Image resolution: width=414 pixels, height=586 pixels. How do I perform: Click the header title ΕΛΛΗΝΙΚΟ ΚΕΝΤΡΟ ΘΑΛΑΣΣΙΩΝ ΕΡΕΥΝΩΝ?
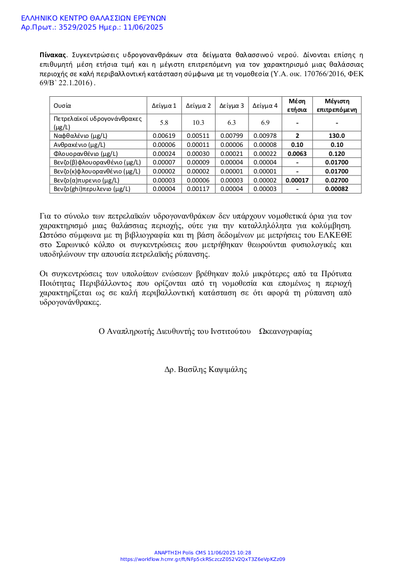click(x=93, y=18)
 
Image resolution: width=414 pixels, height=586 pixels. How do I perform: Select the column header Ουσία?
click(x=63, y=106)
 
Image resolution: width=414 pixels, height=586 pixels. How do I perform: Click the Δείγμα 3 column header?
click(x=232, y=106)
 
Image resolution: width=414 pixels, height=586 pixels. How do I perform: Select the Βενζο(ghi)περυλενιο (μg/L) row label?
click(x=92, y=189)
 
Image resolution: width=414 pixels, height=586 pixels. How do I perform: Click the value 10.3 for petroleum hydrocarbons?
click(x=198, y=123)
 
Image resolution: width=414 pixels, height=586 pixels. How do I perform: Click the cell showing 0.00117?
click(x=198, y=189)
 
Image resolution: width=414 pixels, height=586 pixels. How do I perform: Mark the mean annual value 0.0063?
click(x=297, y=154)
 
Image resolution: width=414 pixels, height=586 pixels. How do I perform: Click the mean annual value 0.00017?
click(x=297, y=180)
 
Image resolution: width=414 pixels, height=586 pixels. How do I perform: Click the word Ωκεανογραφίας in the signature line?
click(x=285, y=331)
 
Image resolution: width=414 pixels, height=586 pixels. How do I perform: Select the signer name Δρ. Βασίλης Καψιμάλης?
click(x=206, y=369)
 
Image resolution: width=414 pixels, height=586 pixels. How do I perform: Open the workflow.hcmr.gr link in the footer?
click(x=202, y=559)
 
